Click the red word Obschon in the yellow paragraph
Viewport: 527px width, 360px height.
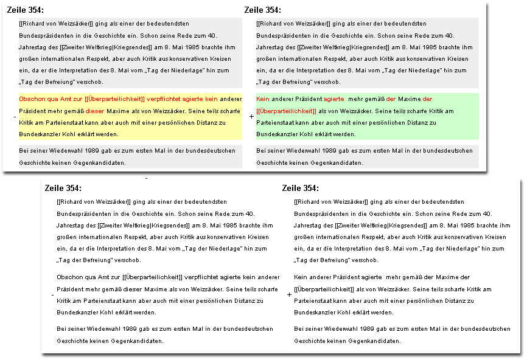pyautogui.click(x=30, y=99)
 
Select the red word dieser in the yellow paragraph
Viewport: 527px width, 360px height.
pyautogui.click(x=95, y=111)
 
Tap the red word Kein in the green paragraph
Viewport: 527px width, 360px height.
pyautogui.click(x=263, y=99)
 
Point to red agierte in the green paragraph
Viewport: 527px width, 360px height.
pyautogui.click(x=334, y=99)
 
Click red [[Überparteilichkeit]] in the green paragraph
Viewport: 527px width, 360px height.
pyautogui.click(x=287, y=111)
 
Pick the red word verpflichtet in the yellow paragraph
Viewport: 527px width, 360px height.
pyautogui.click(x=166, y=99)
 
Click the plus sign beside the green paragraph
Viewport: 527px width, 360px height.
pyautogui.click(x=251, y=116)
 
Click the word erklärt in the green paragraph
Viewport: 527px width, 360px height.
pyautogui.click(x=331, y=134)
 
